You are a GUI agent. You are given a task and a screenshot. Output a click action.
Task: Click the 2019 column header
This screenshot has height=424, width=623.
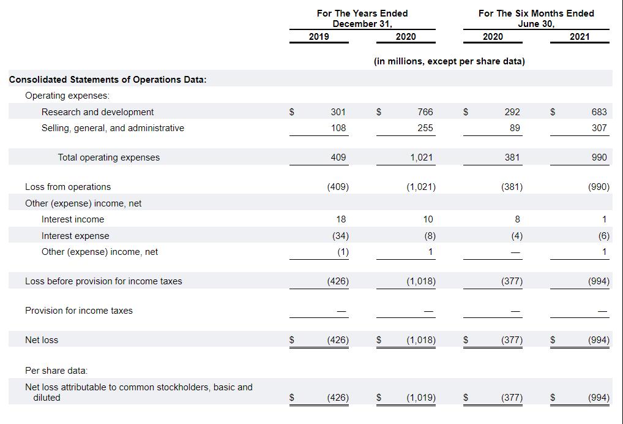tap(318, 37)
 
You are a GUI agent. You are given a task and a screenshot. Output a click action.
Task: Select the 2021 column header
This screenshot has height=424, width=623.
tap(579, 37)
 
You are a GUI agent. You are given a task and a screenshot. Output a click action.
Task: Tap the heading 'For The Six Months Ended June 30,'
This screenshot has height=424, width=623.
tap(535, 18)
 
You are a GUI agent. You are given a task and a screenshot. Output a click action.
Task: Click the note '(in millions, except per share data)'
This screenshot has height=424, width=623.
tap(449, 61)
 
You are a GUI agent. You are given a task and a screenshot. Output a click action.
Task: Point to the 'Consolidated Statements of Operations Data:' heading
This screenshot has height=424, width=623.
tap(108, 80)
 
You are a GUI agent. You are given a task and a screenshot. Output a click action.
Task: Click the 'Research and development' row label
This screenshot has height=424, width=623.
tap(97, 112)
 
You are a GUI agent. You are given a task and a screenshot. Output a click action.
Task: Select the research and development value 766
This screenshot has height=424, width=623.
tap(425, 112)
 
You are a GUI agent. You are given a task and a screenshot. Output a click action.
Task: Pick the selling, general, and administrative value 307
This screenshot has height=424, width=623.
tap(599, 128)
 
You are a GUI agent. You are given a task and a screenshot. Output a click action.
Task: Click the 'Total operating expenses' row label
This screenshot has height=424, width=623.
tap(108, 157)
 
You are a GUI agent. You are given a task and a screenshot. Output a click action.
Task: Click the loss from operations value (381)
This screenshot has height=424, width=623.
tap(512, 187)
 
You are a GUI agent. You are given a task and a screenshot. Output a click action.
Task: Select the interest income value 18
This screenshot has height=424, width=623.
tap(341, 219)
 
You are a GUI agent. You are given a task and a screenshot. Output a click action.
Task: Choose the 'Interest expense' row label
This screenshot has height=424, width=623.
tap(75, 236)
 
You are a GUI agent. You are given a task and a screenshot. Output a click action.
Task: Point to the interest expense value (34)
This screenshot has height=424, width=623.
tap(338, 236)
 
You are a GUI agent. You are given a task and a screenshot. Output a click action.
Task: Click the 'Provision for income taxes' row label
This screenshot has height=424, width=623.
tap(78, 311)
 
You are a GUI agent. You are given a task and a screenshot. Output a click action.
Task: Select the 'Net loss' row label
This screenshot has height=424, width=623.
tap(42, 340)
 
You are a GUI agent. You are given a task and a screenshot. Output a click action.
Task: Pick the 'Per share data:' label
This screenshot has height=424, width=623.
tap(56, 371)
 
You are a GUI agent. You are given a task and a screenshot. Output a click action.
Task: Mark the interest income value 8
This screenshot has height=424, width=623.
tap(517, 219)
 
